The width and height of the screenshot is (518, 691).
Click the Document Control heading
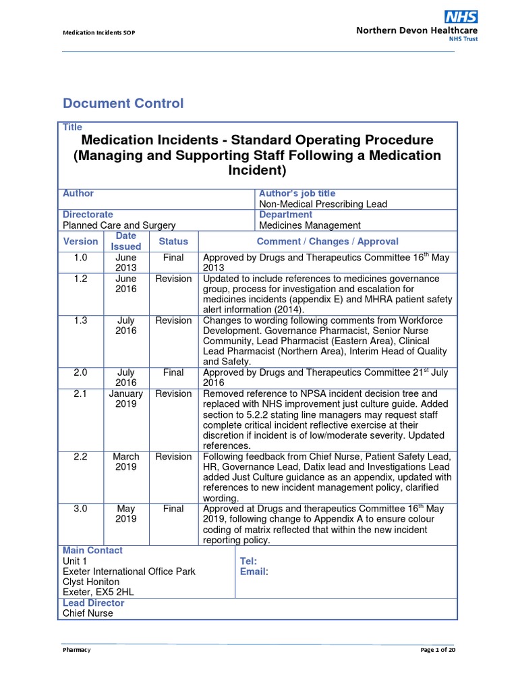[x=123, y=103]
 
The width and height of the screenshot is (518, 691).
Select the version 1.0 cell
[x=81, y=257]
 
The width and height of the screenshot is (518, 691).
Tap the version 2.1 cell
[x=81, y=393]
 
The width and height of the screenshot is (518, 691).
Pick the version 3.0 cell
[x=81, y=509]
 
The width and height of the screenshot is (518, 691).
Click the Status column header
[x=173, y=241]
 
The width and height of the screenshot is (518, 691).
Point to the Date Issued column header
[x=125, y=241]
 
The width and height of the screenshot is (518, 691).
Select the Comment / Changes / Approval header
[x=327, y=241]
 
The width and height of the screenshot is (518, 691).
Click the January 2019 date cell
[x=125, y=399]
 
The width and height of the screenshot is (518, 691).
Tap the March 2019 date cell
[x=125, y=462]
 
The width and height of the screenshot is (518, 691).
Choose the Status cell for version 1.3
[x=173, y=321]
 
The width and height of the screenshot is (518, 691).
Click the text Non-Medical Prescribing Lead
[x=323, y=204]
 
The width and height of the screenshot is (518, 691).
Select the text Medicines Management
[x=310, y=225]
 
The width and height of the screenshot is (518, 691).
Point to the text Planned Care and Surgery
[x=119, y=225]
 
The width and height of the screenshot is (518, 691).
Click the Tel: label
[x=248, y=561]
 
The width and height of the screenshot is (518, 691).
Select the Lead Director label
[x=93, y=603]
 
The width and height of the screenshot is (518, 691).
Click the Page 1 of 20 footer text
[x=438, y=649]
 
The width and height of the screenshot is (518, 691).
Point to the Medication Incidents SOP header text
[x=99, y=33]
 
